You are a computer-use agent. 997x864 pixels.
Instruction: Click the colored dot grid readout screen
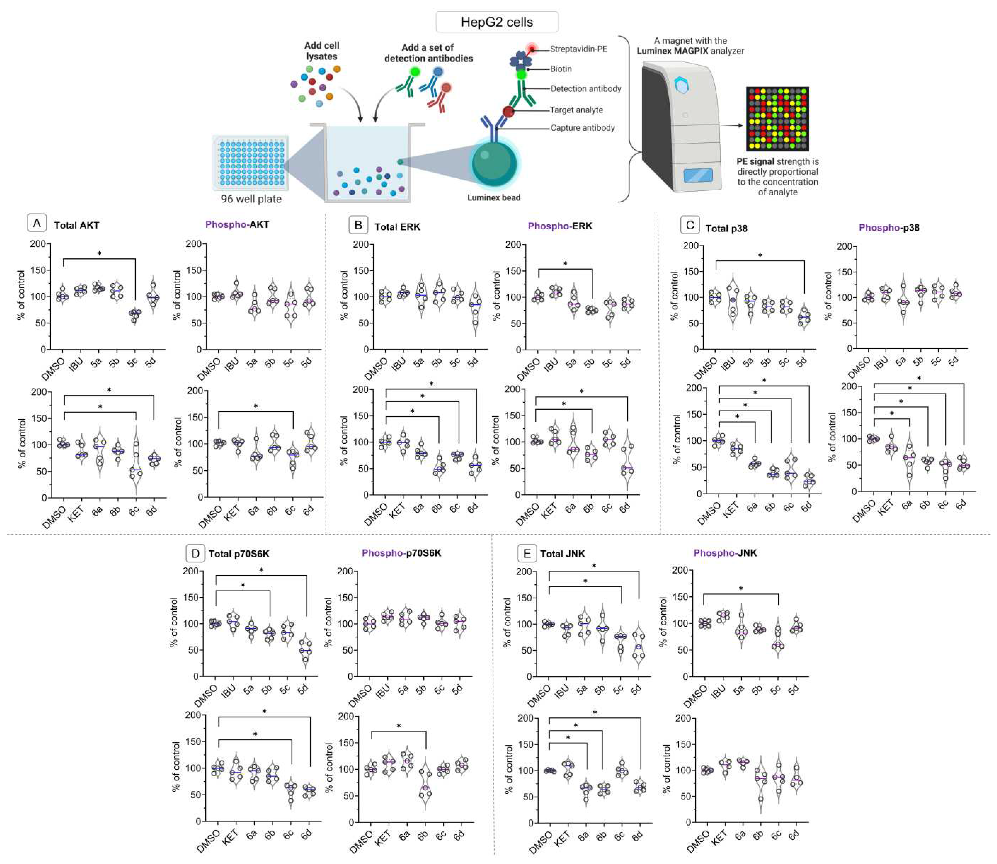click(777, 119)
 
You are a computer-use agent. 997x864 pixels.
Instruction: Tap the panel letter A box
click(37, 223)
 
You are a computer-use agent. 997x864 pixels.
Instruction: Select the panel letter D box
click(195, 553)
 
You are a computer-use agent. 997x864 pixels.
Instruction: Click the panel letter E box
click(527, 553)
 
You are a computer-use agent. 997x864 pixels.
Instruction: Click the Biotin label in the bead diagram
click(561, 69)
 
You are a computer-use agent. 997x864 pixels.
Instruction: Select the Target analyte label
click(576, 110)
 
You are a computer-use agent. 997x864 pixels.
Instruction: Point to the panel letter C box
click(690, 225)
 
